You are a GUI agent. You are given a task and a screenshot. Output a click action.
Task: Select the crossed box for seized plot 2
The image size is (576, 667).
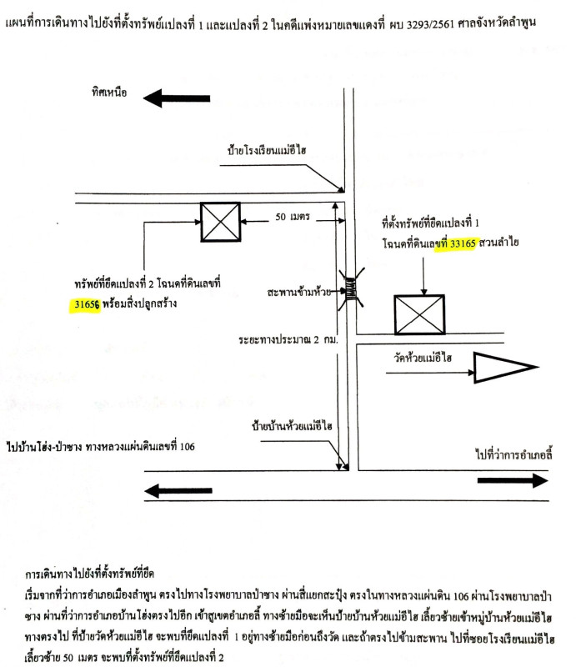tap(220, 223)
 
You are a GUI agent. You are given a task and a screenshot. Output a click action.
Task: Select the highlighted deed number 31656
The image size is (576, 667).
tap(84, 304)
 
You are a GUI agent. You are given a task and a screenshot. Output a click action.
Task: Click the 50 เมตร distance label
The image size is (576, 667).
tap(293, 218)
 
